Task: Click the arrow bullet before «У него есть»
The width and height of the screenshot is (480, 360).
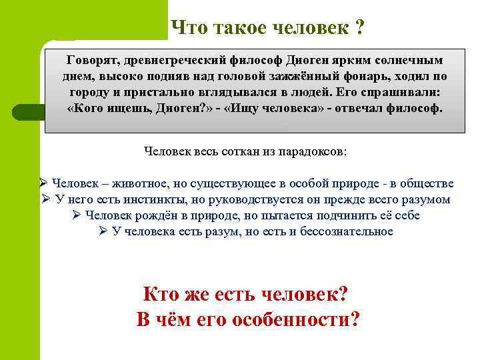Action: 45,199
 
